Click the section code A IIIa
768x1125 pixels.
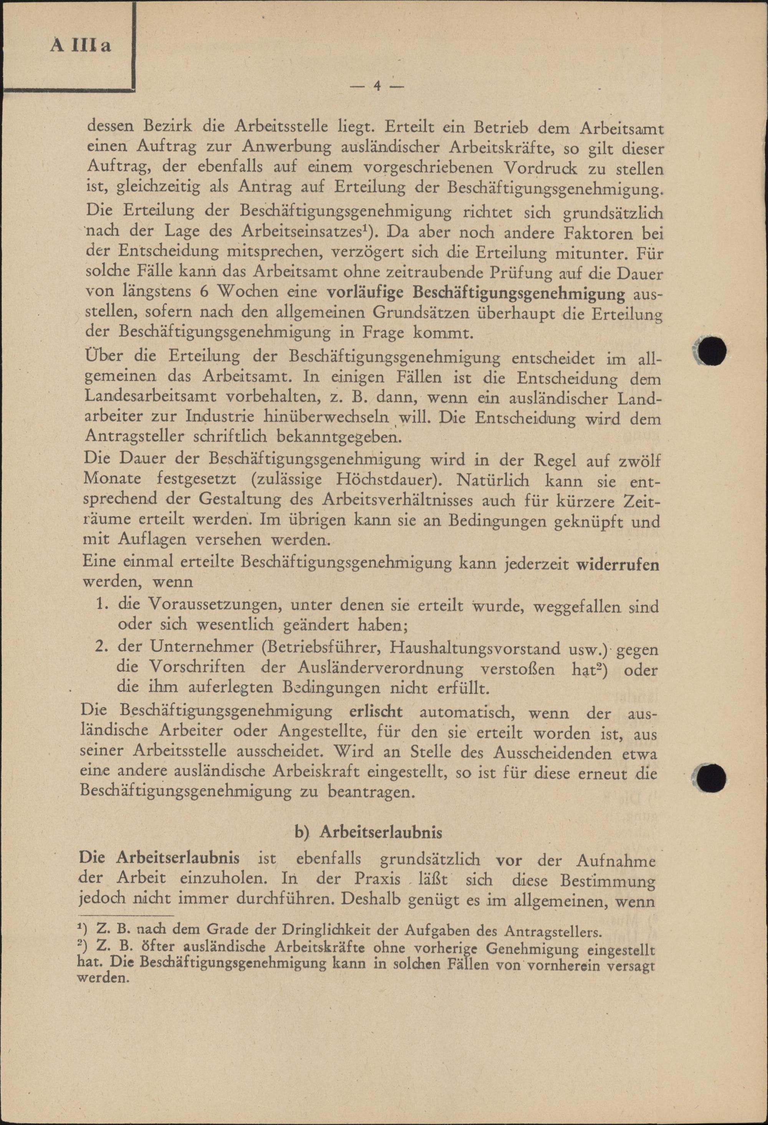click(81, 46)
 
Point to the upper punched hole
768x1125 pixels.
click(712, 350)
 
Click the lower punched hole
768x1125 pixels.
click(712, 779)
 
